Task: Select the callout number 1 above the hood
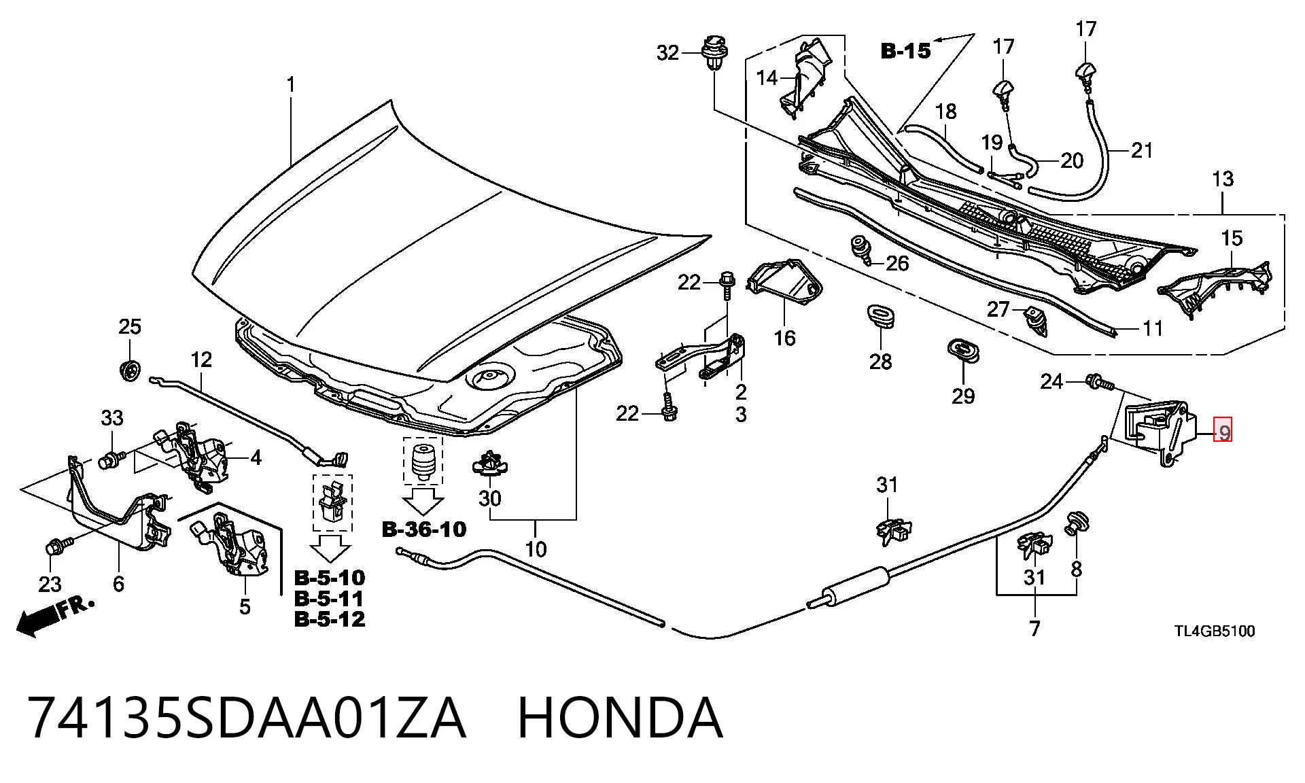291,86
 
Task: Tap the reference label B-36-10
424,529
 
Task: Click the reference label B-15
905,50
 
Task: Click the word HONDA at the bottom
620,718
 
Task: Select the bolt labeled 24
1099,382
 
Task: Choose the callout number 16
784,338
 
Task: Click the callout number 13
1223,179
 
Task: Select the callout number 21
1142,150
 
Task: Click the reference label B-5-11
329,599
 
